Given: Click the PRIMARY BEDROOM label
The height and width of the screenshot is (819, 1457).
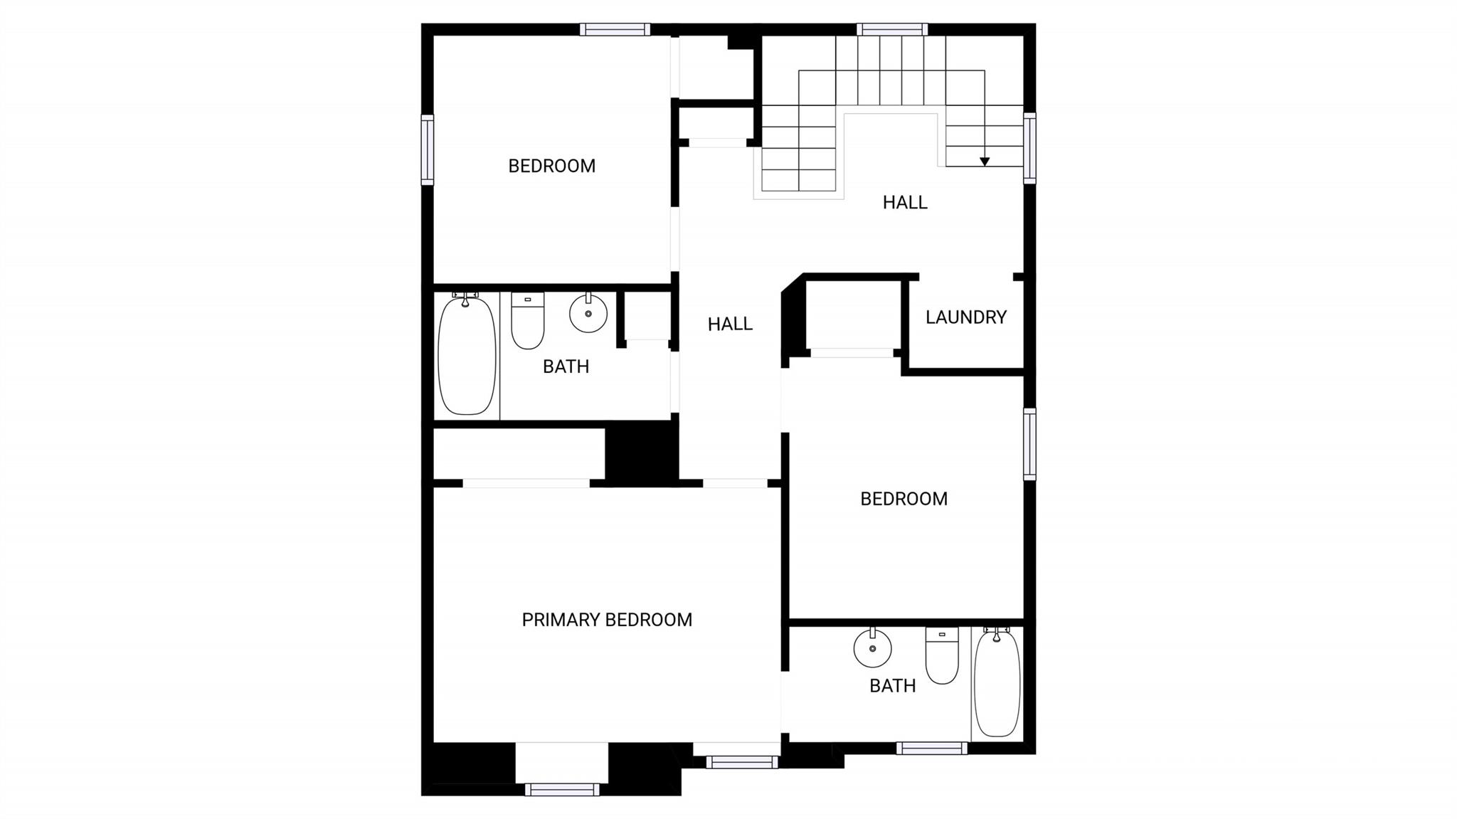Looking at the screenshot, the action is tap(607, 620).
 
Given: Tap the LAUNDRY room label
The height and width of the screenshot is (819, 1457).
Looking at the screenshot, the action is tap(966, 317).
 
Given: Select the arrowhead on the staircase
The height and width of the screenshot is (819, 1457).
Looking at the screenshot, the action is tap(985, 162).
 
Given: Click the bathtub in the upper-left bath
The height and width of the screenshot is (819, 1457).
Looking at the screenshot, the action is tap(467, 354).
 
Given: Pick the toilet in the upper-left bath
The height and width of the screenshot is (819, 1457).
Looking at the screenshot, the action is tap(528, 320).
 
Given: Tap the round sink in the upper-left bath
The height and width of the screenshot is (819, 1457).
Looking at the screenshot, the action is tap(588, 313).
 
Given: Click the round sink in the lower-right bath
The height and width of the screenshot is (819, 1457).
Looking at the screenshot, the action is tap(872, 648).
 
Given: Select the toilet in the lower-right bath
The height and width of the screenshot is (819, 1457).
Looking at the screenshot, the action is tap(942, 655).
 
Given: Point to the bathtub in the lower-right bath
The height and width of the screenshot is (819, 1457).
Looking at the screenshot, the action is tap(997, 682).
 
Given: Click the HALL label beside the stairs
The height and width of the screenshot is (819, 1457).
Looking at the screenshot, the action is tap(905, 203).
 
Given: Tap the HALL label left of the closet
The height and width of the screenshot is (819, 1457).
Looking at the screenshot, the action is tap(730, 324).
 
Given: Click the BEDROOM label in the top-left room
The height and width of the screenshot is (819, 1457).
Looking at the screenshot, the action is tap(552, 167).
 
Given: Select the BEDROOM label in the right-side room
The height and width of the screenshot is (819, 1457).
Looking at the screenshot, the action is tap(904, 500).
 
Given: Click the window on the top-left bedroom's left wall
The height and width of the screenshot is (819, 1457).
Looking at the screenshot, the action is tap(427, 149).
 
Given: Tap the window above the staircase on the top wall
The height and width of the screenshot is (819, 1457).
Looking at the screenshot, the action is tap(892, 29).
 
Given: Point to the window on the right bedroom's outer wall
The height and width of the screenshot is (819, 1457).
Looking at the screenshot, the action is tap(1029, 444).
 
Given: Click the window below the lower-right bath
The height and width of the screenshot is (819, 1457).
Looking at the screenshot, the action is tap(932, 748).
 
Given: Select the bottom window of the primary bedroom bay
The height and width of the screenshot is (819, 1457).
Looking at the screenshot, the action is tap(562, 789).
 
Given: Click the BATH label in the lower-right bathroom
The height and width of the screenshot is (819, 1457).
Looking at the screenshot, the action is tap(893, 686).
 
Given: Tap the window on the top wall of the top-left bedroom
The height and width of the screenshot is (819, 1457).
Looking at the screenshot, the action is tap(615, 29).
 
